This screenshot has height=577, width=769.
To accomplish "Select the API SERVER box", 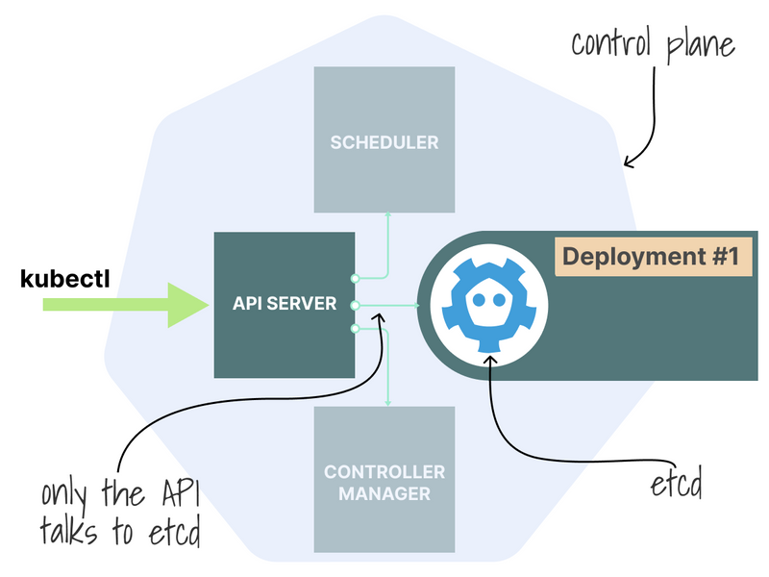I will [285, 304].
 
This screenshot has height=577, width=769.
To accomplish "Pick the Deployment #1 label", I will [650, 258].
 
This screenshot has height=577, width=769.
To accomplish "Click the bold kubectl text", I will [65, 279].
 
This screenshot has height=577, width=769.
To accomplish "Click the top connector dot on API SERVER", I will [355, 278].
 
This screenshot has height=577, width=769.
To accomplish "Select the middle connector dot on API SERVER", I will [355, 305].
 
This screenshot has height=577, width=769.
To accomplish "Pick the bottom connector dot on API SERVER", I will [355, 330].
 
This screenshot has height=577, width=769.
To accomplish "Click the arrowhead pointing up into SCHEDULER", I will [387, 216].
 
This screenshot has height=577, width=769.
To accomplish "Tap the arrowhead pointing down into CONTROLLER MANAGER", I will [387, 401].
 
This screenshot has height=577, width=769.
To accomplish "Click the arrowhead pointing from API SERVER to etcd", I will [415, 305].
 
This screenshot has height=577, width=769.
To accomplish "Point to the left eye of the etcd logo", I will [478, 301].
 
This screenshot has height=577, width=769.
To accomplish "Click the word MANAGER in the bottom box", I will [384, 494].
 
